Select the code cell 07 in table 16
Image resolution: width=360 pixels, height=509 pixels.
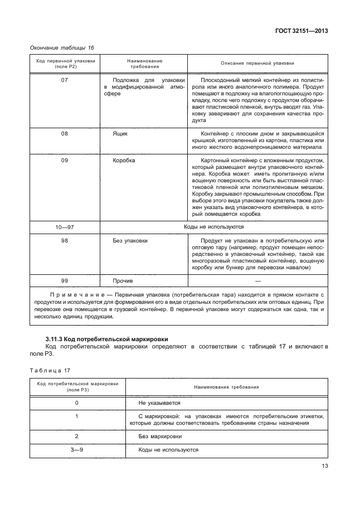click(64, 80)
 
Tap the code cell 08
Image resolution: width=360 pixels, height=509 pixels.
click(64, 134)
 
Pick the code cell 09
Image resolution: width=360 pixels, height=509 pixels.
click(64, 161)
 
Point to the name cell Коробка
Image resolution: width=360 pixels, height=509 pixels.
click(124, 161)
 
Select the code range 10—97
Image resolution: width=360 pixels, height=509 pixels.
click(64, 227)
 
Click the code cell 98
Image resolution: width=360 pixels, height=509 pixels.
click(64, 240)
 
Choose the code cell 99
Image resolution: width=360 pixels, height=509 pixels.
click(64, 281)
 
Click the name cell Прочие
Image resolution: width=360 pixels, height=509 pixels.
click(123, 281)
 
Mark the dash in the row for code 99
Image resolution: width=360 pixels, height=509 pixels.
click(257, 281)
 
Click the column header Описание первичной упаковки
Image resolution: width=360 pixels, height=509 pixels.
click(257, 64)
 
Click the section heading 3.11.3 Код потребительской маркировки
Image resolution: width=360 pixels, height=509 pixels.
click(106, 339)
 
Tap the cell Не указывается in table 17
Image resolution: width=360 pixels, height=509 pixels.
click(159, 402)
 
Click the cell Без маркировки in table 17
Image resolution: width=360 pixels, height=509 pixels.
click(160, 437)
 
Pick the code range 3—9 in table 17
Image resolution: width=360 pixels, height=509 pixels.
click(77, 449)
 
